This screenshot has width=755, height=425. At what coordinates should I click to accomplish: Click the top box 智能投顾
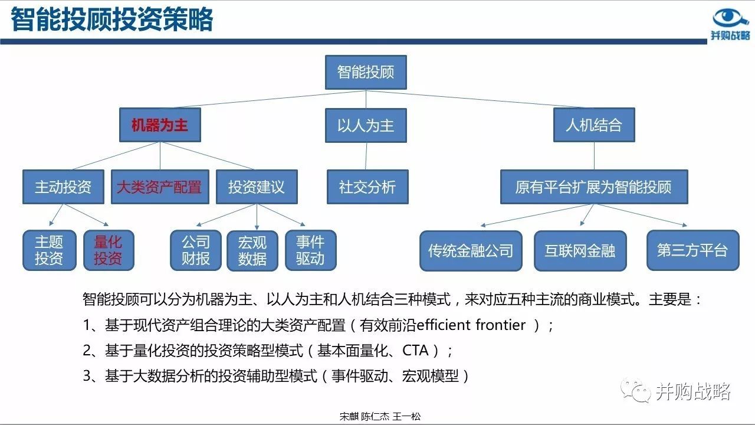(366, 73)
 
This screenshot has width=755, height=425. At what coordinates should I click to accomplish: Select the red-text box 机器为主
(160, 125)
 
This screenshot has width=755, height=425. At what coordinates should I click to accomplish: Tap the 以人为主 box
(366, 125)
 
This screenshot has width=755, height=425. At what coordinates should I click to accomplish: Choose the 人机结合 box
(593, 125)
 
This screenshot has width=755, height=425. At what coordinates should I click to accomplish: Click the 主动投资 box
(63, 187)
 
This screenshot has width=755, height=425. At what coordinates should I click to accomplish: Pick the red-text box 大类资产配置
(159, 187)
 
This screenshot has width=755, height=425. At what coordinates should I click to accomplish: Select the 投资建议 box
(257, 187)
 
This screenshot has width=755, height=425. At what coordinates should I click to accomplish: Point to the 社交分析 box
(367, 187)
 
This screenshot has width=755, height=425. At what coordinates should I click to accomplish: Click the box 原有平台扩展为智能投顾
(593, 187)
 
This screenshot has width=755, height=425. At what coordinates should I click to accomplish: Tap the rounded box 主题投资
(49, 250)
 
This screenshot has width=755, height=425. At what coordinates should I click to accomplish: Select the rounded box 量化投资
(108, 250)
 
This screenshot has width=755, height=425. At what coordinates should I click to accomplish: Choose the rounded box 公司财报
(196, 250)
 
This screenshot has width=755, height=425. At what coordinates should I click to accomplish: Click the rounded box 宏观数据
(252, 250)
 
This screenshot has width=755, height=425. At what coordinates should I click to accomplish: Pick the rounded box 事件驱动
(310, 250)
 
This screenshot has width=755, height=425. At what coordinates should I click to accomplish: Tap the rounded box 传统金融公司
(470, 250)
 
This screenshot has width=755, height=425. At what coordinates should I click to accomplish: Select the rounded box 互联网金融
(580, 250)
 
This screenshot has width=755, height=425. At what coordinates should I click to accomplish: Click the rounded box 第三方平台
(692, 250)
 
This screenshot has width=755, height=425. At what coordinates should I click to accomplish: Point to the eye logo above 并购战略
(731, 18)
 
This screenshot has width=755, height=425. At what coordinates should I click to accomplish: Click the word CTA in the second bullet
(415, 351)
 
